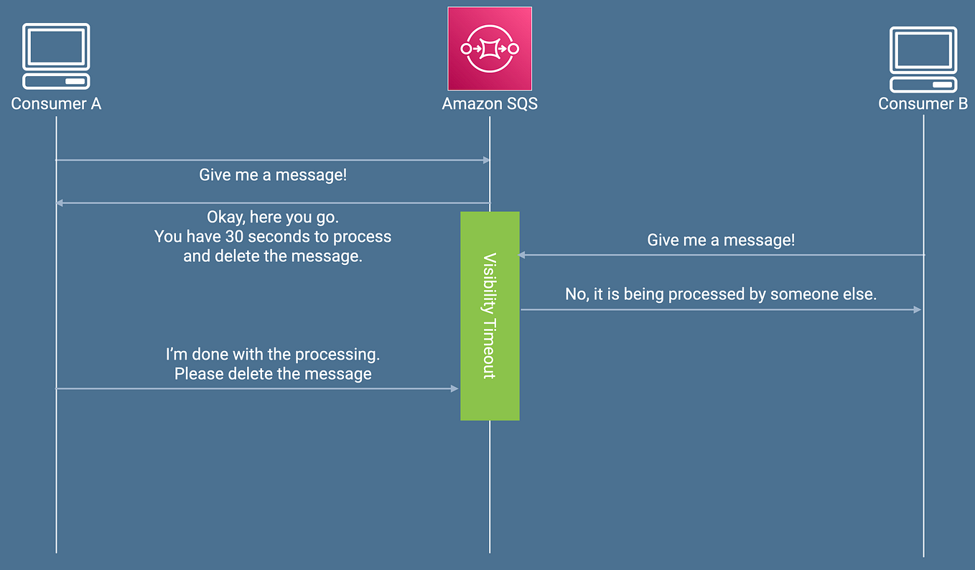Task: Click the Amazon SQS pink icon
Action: pyautogui.click(x=490, y=49)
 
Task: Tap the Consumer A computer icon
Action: pyautogui.click(x=56, y=56)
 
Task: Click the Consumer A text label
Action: pyautogui.click(x=56, y=104)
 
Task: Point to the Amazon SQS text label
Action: pyautogui.click(x=490, y=104)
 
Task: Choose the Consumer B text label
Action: pyautogui.click(x=923, y=104)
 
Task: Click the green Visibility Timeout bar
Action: pyautogui.click(x=490, y=316)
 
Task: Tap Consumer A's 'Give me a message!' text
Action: pyautogui.click(x=273, y=175)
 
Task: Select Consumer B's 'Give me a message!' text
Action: pyautogui.click(x=721, y=240)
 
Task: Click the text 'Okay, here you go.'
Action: pyautogui.click(x=273, y=217)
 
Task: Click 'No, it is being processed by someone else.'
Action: pyautogui.click(x=721, y=294)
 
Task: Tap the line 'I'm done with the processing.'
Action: pyautogui.click(x=273, y=355)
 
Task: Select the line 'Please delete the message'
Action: pyautogui.click(x=273, y=374)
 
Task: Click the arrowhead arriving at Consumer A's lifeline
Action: pyautogui.click(x=60, y=203)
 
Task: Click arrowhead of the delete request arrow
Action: pyautogui.click(x=454, y=388)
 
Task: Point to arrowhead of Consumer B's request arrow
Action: pyautogui.click(x=523, y=255)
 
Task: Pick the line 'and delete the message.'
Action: pyautogui.click(x=273, y=256)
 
